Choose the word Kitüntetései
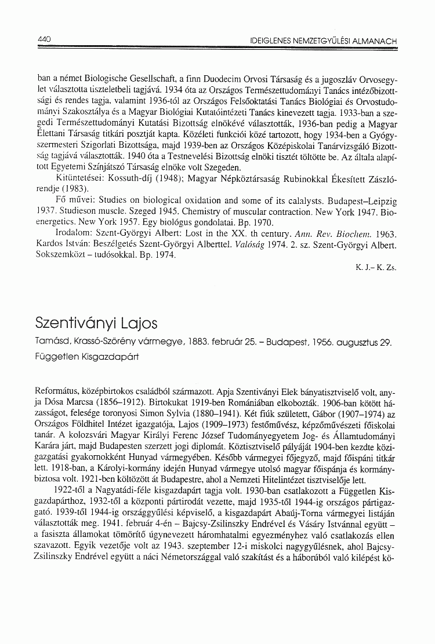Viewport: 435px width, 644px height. tap(77, 179)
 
